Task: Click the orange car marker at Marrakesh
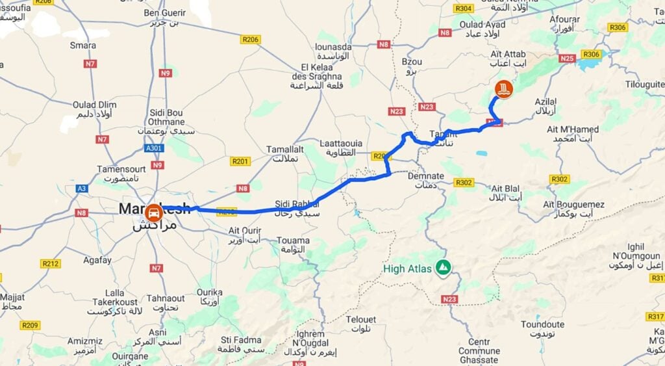(x=153, y=213)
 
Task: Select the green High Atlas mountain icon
(x=444, y=268)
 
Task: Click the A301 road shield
(x=154, y=148)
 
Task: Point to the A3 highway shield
(x=81, y=189)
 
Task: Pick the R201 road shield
(x=240, y=161)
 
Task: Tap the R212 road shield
(x=50, y=263)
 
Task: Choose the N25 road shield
(x=568, y=59)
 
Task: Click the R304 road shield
(x=463, y=8)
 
